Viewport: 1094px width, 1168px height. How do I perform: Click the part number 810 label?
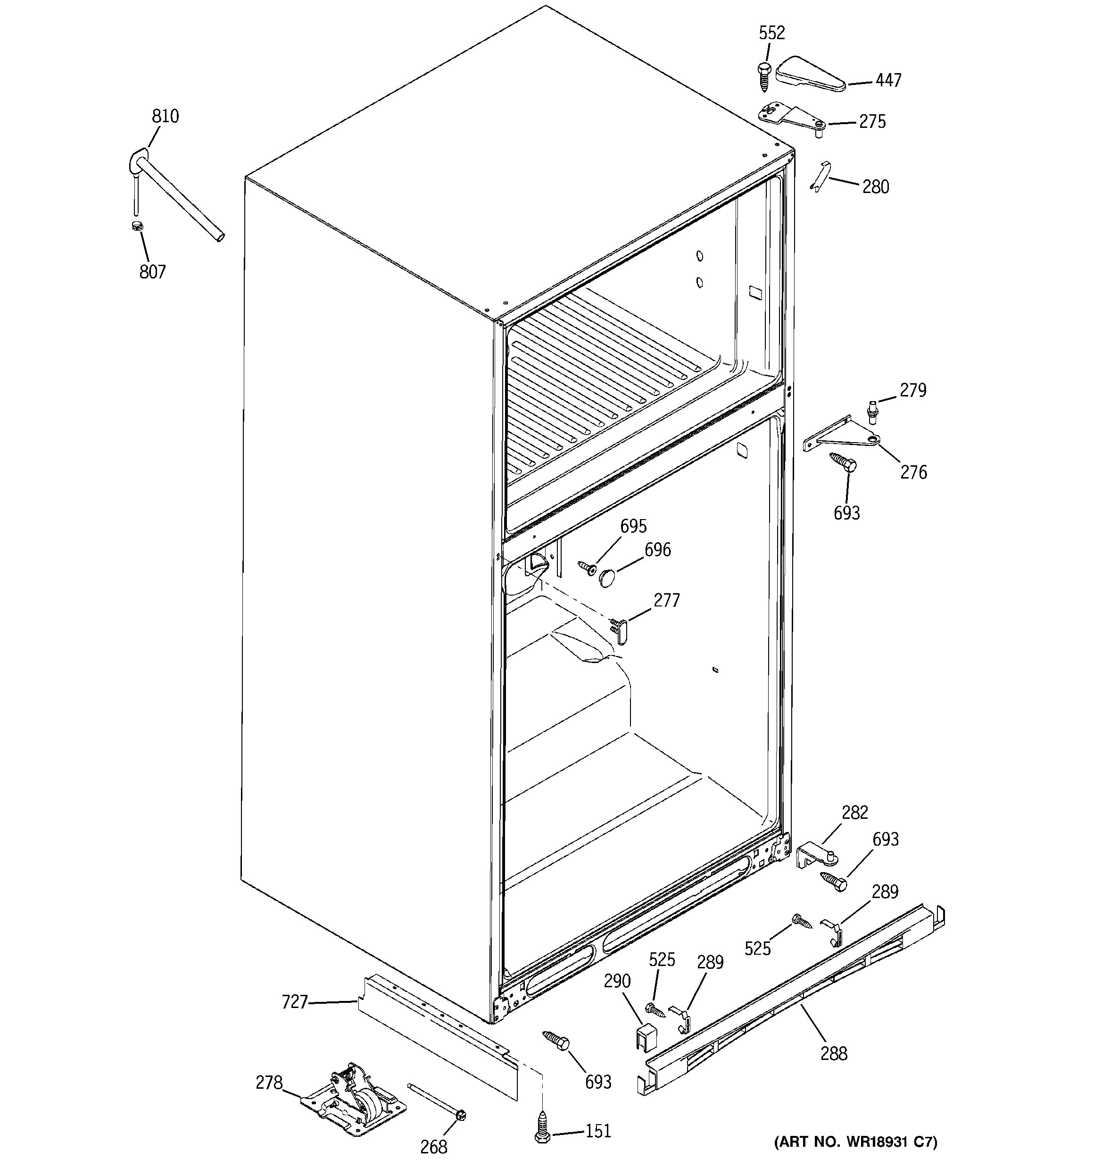coord(165,117)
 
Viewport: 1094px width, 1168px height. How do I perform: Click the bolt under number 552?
coord(763,76)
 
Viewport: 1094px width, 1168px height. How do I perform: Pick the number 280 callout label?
coord(875,187)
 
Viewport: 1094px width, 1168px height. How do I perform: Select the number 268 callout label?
coord(433,1146)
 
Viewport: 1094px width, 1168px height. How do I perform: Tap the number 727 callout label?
coord(294,1002)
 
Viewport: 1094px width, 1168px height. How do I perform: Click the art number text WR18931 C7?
coord(854,1142)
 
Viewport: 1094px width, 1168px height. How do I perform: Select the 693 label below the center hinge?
coord(846,513)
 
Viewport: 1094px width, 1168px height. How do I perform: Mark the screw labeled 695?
coord(587,568)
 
